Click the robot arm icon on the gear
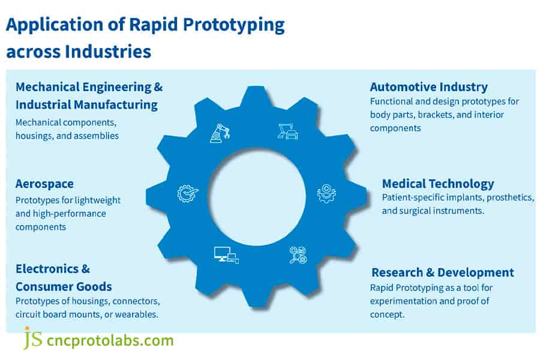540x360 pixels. click(220, 133)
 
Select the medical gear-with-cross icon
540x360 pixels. click(326, 193)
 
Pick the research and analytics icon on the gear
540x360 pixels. click(298, 255)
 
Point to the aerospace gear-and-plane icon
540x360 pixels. click(187, 193)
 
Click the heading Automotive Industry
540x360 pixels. click(428, 87)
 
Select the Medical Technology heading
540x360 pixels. click(438, 184)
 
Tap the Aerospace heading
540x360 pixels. click(44, 184)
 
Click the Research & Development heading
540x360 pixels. click(442, 272)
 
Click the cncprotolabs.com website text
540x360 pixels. click(110, 341)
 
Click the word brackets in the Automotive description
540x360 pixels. click(435, 115)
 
